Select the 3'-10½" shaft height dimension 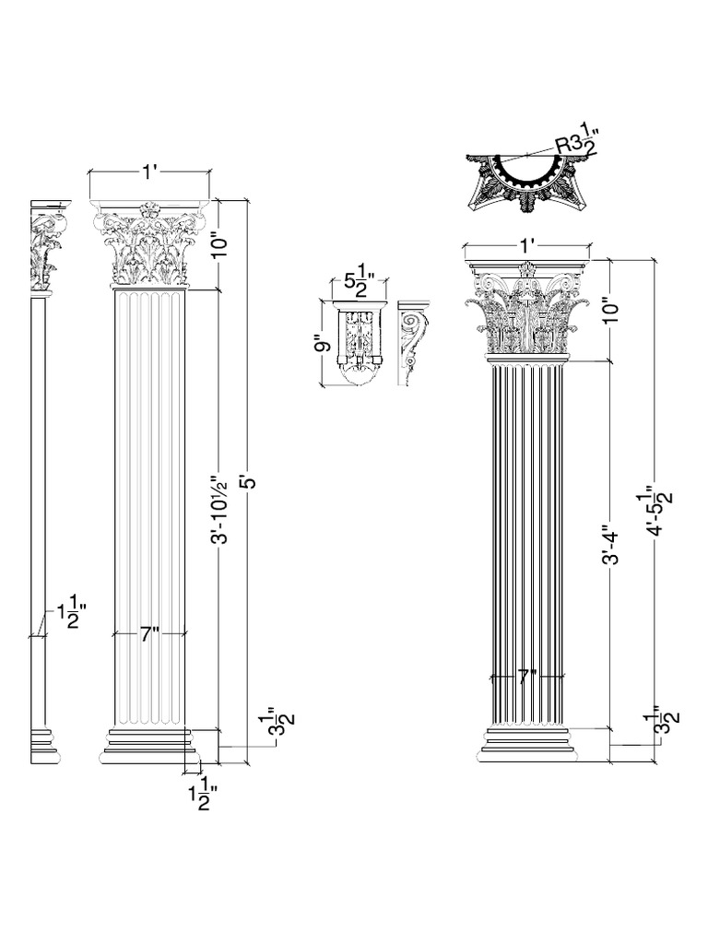point(221,501)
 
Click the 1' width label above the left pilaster point(150,172)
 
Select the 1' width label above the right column point(528,245)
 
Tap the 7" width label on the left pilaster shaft point(150,634)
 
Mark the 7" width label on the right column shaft point(527,678)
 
